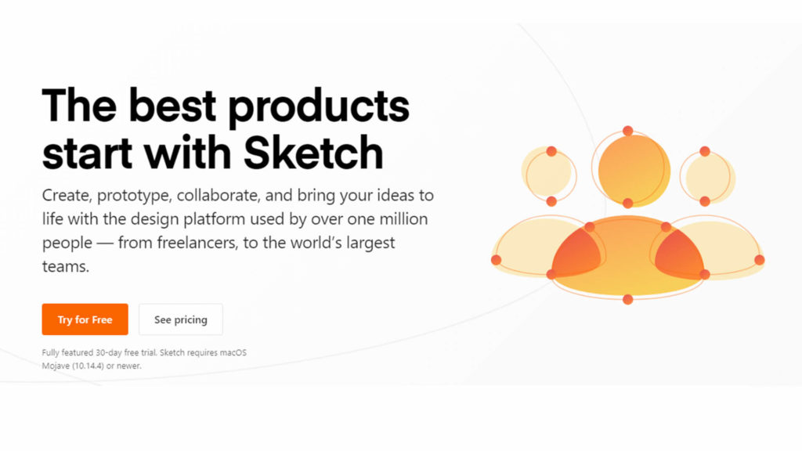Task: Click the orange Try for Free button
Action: [x=85, y=319]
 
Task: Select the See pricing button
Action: [x=181, y=319]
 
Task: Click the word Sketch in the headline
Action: [x=313, y=153]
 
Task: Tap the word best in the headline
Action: [x=172, y=106]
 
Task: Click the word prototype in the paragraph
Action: [x=134, y=196]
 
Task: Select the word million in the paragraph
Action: [x=403, y=219]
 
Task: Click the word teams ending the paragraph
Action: [x=66, y=266]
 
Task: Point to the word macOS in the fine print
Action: [x=233, y=352]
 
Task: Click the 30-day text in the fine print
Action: [x=108, y=353]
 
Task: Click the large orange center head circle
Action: [x=634, y=170]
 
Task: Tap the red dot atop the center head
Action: [x=628, y=131]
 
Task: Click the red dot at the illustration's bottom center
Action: [x=628, y=300]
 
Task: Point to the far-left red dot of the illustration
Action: [x=496, y=260]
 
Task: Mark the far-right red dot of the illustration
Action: [x=760, y=260]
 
